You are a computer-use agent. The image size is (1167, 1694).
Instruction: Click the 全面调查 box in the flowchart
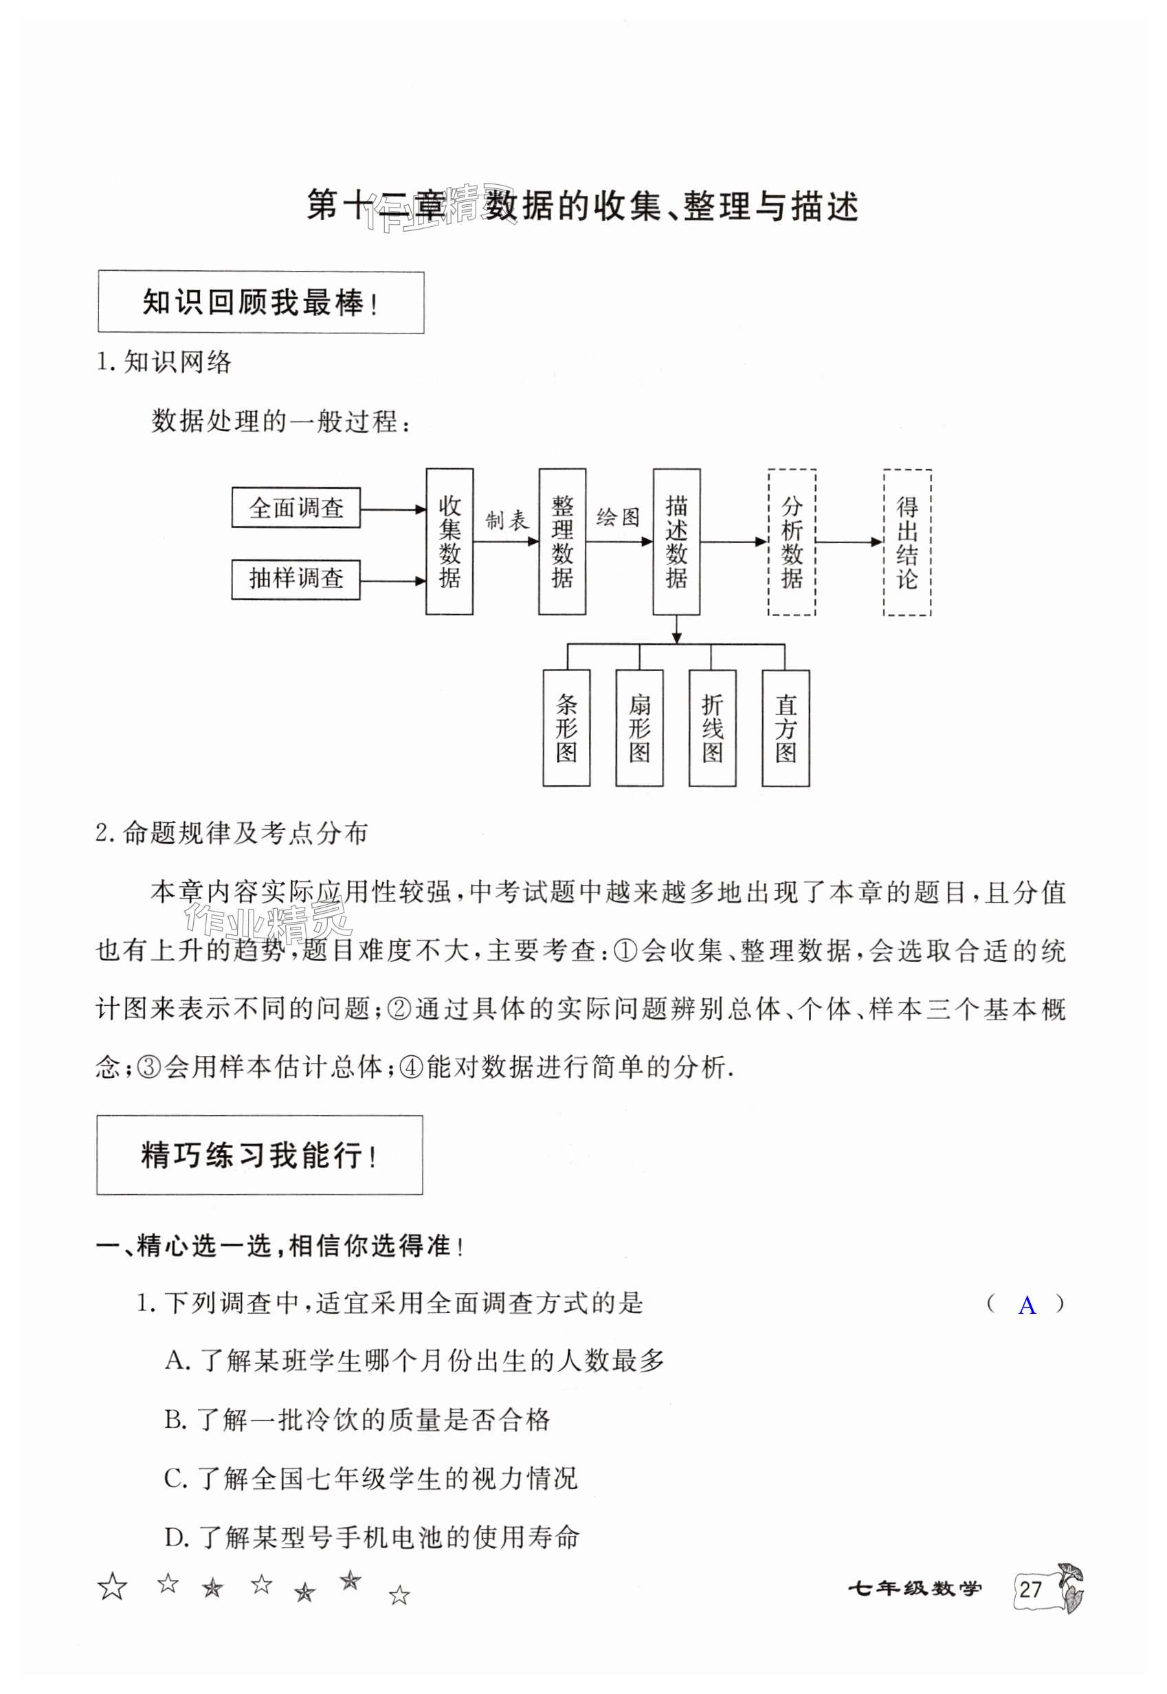(x=296, y=507)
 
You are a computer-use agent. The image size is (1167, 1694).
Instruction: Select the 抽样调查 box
(x=296, y=579)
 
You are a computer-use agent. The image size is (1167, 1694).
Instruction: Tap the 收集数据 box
(x=449, y=541)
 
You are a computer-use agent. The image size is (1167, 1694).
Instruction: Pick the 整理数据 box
(x=562, y=541)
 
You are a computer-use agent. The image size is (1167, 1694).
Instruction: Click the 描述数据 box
(x=676, y=541)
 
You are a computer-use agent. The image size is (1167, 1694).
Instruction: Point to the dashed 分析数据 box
(x=792, y=542)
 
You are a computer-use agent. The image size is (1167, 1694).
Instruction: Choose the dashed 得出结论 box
(x=907, y=542)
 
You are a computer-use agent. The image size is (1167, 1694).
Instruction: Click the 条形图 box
(x=567, y=728)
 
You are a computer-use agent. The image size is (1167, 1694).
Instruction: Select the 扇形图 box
(x=639, y=728)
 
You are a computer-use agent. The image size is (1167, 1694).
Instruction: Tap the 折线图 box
(x=712, y=728)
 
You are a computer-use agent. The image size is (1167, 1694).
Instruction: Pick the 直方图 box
(x=786, y=728)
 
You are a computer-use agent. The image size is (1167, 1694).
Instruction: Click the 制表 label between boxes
(x=506, y=520)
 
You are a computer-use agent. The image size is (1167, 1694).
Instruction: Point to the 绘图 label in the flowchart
(x=619, y=517)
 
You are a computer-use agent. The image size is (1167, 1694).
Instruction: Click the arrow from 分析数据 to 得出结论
(x=849, y=542)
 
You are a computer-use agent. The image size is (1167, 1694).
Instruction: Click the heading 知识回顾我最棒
(x=260, y=302)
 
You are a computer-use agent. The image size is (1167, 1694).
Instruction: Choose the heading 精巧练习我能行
(x=259, y=1156)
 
